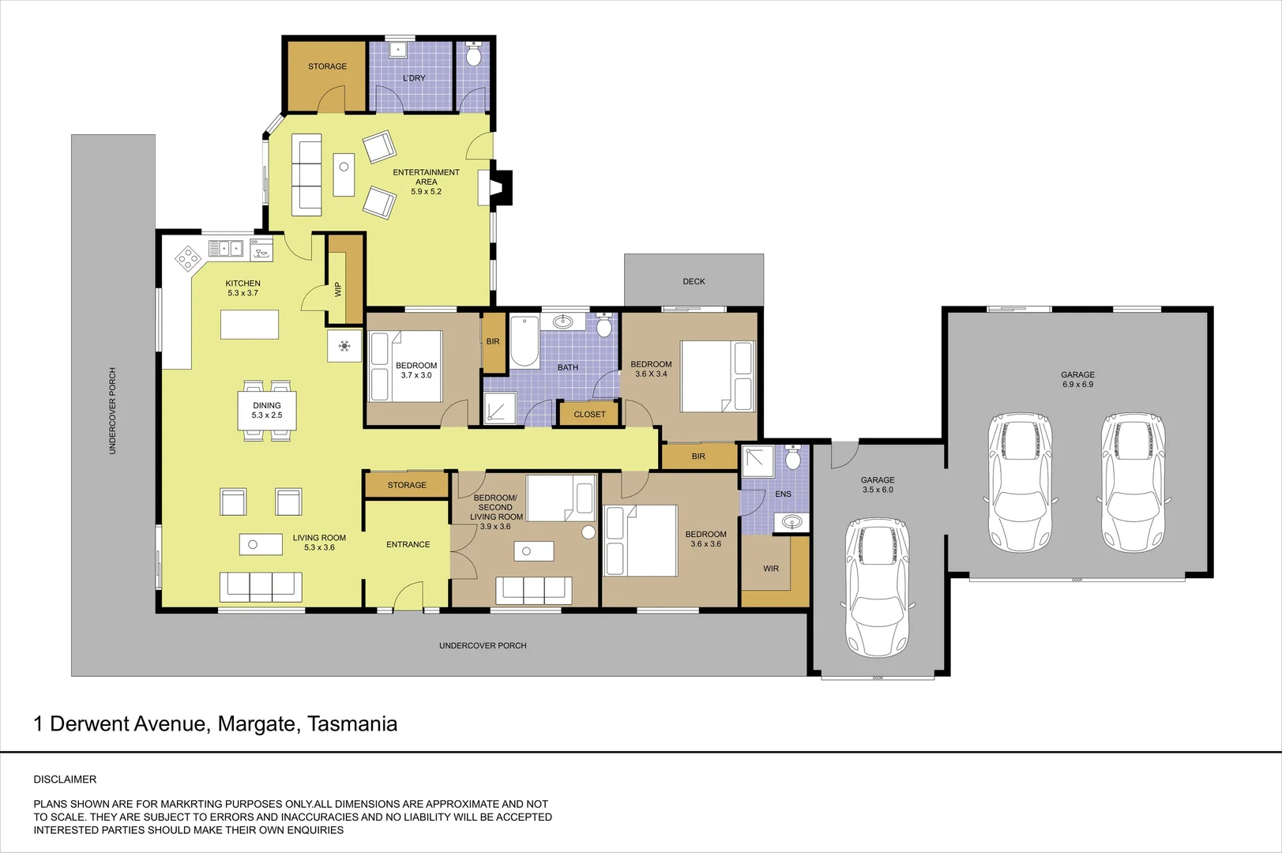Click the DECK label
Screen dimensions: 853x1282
(694, 281)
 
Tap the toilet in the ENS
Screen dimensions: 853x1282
(793, 457)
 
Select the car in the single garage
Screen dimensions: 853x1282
(877, 588)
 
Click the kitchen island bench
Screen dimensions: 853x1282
(250, 325)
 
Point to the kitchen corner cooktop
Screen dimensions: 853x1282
(188, 257)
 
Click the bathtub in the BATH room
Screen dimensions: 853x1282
(524, 341)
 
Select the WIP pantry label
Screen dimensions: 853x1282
(339, 290)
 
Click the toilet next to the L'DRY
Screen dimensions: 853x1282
(474, 55)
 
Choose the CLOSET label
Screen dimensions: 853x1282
(589, 414)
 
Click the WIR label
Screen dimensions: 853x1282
(771, 569)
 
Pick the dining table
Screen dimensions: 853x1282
(267, 411)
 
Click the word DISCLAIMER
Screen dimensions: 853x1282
(65, 780)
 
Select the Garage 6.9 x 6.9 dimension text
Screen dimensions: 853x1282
(1077, 385)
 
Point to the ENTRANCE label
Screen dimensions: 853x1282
(408, 544)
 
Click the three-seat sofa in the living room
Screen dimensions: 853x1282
(261, 586)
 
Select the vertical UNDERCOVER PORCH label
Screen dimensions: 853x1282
(112, 411)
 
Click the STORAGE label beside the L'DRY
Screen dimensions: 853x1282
(327, 66)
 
